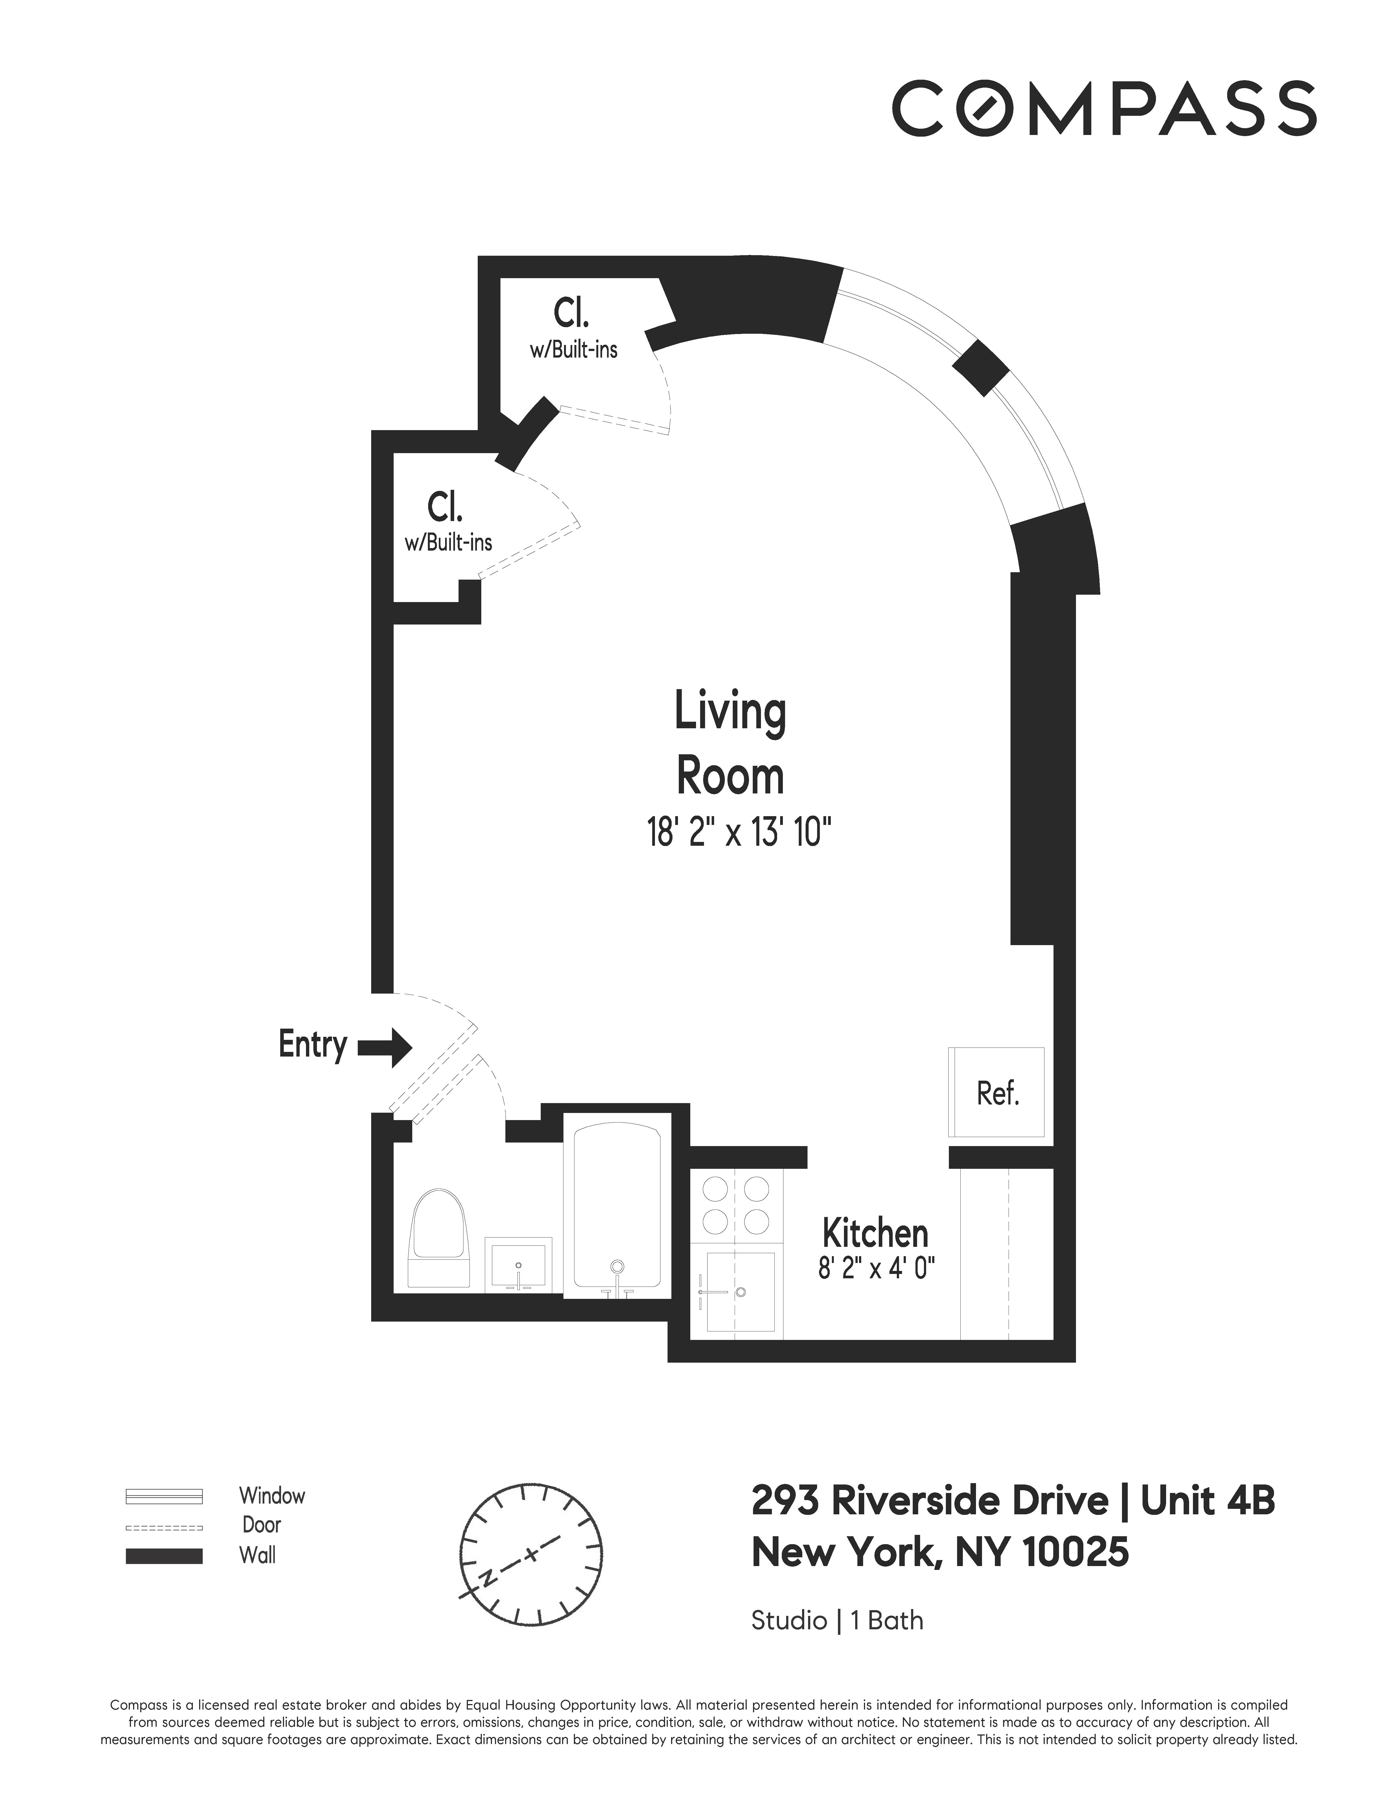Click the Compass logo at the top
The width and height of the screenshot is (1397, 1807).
[1103, 108]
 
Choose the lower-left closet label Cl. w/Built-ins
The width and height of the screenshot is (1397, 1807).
[448, 522]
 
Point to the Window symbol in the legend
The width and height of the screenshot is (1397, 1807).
[164, 1496]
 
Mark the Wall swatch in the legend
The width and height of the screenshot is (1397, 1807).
[164, 1555]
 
